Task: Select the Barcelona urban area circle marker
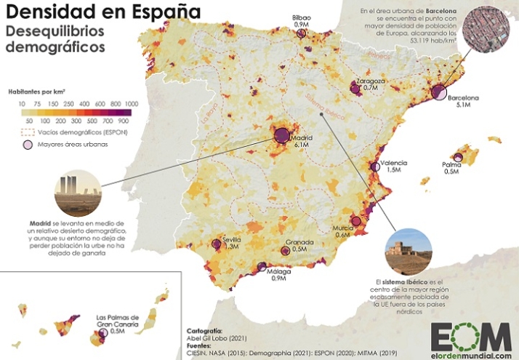point(438,92)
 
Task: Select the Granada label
point(299,242)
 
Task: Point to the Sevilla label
point(233,239)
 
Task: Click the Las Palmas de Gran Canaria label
point(120,321)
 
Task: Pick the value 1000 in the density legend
point(132,105)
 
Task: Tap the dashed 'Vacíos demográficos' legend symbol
point(25,132)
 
